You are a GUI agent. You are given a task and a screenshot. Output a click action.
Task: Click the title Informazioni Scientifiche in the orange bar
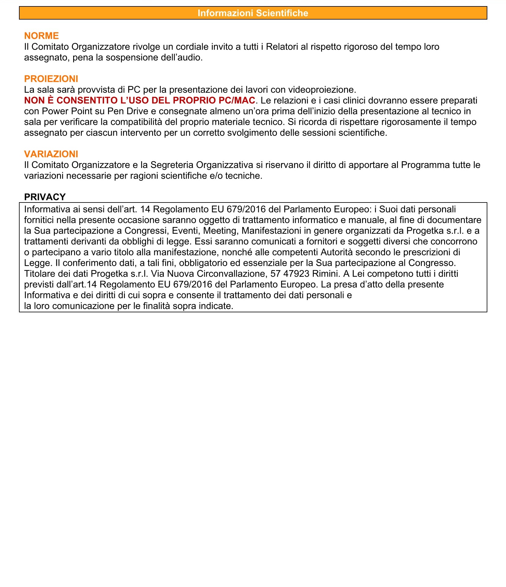coord(253,13)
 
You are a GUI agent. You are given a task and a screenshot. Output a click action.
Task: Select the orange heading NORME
coord(41,36)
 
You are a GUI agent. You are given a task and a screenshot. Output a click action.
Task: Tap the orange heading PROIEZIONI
coord(51,79)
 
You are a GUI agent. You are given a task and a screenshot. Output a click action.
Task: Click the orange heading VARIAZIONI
coord(51,154)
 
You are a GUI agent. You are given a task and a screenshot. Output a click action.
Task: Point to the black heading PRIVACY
coord(45,197)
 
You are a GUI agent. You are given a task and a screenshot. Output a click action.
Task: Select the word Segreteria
coord(172,165)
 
